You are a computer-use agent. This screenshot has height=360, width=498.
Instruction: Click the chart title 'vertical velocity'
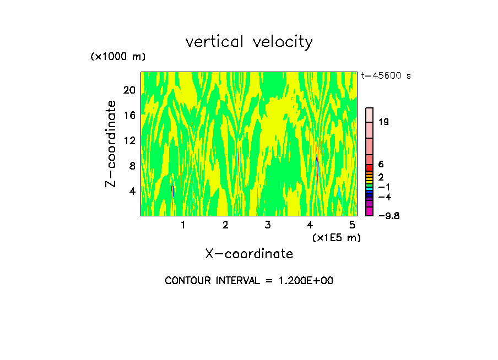(x=249, y=42)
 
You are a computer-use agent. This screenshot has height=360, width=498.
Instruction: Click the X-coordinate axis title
(x=249, y=254)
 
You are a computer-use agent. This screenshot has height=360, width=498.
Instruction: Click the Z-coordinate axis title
(x=111, y=144)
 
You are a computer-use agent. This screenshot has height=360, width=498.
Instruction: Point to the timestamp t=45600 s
(x=386, y=76)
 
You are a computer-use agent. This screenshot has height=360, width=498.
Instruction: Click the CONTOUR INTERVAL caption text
(x=249, y=281)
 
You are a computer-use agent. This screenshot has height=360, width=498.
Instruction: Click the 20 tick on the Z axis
(x=129, y=90)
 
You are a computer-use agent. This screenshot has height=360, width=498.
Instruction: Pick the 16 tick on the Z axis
(x=129, y=116)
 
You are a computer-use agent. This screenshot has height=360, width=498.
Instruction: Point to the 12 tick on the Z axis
(x=129, y=141)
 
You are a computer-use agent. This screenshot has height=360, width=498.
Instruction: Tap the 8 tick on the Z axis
(x=132, y=166)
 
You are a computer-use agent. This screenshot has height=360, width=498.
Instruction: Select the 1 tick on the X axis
(x=183, y=225)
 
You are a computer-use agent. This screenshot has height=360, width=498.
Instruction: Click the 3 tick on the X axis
(x=267, y=225)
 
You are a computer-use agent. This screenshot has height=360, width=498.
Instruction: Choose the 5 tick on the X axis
(x=351, y=225)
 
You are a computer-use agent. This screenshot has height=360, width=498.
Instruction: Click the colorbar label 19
(x=384, y=122)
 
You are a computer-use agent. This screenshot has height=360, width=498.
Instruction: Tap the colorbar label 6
(x=381, y=165)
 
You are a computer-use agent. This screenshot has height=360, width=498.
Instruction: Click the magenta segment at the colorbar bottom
(x=370, y=211)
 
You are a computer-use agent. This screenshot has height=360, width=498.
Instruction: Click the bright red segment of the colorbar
(x=370, y=168)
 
